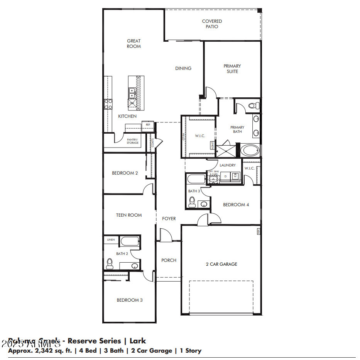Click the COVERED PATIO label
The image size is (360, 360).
[212, 24]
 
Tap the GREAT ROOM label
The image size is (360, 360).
[134, 44]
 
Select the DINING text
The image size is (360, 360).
[183, 68]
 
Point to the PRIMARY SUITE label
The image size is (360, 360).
[232, 69]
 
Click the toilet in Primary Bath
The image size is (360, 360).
[253, 105]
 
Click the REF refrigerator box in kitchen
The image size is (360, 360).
[148, 125]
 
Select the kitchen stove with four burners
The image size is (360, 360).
[108, 104]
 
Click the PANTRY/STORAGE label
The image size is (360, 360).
[133, 141]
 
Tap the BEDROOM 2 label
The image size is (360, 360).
[125, 173]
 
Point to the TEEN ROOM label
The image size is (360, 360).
[129, 215]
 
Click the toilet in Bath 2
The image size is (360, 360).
[110, 263]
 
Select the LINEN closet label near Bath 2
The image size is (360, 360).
[111, 240]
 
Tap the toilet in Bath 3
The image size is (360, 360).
[192, 202]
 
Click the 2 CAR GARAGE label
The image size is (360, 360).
[221, 264]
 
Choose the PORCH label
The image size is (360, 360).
[169, 260]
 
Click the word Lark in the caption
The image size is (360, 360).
[137, 341]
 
